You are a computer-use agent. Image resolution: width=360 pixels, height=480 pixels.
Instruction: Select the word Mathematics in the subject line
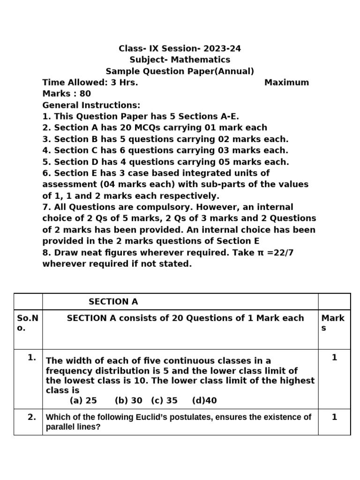(x=200, y=60)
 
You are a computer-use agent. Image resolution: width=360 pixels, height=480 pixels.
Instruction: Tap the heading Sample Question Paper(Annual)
(x=180, y=71)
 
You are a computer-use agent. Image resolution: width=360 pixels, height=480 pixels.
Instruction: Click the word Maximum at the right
(x=286, y=82)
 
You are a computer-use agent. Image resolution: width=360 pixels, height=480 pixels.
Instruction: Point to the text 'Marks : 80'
(x=67, y=94)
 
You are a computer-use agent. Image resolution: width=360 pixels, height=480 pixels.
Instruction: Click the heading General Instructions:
(x=91, y=105)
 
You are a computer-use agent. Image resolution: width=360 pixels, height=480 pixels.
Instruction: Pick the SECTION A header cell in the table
(x=113, y=302)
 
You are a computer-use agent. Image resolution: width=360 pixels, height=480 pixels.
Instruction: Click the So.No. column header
(x=28, y=323)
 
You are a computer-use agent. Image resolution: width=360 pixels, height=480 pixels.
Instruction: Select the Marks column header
(x=333, y=323)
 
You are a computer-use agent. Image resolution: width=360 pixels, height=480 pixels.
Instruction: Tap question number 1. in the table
(x=32, y=357)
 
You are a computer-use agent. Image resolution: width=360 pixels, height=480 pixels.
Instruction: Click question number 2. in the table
(x=32, y=417)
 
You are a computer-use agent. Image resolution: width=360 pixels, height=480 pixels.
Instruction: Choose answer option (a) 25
(x=83, y=401)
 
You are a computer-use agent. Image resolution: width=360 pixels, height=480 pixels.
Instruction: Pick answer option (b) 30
(x=128, y=401)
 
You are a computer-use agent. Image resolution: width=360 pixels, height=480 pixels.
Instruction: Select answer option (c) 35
(x=164, y=401)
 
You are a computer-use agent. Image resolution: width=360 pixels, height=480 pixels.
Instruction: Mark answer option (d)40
(x=204, y=401)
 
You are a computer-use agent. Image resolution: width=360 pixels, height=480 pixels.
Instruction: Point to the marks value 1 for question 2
(x=334, y=417)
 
